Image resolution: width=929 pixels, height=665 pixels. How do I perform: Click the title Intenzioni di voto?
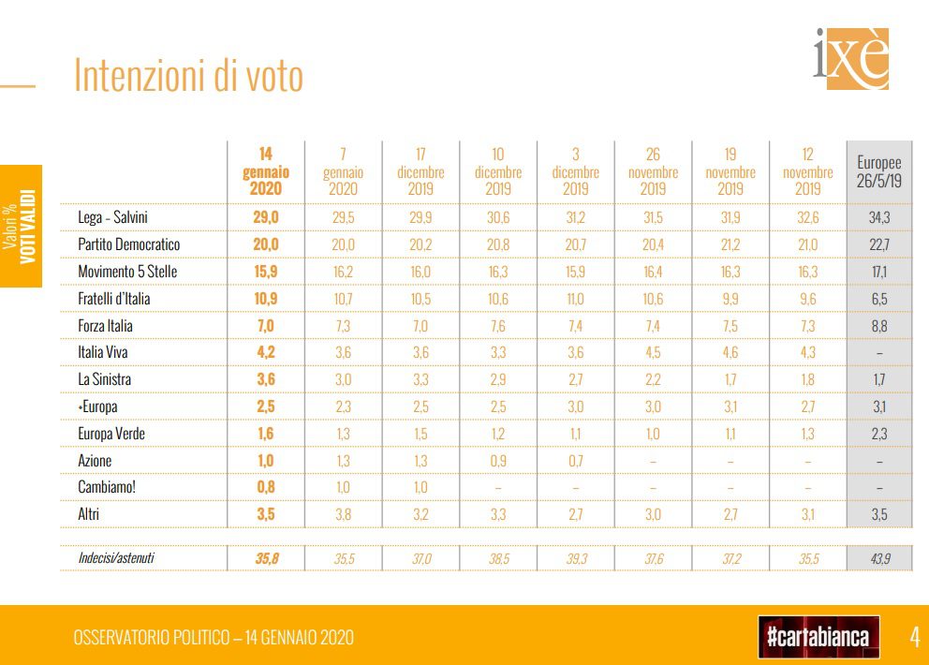tap(188, 76)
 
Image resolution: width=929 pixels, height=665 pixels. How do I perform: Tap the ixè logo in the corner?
tap(850, 59)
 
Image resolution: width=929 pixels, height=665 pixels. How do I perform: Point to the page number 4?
tap(914, 638)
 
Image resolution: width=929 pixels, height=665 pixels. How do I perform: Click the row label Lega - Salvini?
tap(112, 217)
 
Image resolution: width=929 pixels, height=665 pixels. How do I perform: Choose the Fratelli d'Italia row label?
tap(113, 299)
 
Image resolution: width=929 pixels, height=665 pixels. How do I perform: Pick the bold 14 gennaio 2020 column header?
tap(266, 171)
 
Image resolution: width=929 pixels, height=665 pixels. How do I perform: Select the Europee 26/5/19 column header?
tap(878, 171)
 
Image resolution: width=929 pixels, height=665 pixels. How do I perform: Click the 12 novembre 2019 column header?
tap(807, 171)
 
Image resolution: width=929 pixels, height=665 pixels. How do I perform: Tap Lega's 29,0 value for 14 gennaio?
tap(266, 217)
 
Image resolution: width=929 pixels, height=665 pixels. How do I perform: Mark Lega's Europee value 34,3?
tap(878, 217)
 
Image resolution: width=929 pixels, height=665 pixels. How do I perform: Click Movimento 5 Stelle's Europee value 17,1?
tap(878, 272)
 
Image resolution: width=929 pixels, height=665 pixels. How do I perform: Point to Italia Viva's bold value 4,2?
tap(266, 353)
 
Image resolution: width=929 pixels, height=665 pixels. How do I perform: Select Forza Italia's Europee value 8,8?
tap(878, 326)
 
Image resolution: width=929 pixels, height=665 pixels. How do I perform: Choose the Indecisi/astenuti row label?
tap(116, 558)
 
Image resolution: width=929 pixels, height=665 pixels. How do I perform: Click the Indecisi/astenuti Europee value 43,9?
tap(878, 558)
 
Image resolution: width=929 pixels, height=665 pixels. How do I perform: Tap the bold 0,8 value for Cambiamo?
tap(266, 487)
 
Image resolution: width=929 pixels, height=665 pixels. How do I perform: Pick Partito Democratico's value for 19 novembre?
tap(730, 244)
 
